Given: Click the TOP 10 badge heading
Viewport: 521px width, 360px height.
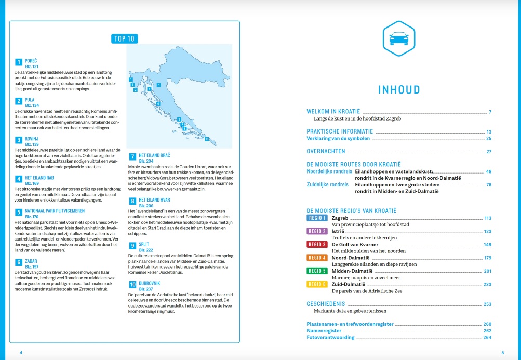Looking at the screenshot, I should (124, 38).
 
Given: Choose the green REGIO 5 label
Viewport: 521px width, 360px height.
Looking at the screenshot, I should (317, 271).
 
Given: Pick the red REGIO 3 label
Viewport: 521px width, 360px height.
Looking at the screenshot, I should (317, 244).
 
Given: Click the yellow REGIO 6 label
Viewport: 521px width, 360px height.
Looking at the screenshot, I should (317, 284).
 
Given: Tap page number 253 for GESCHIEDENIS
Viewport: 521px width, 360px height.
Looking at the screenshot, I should (487, 304).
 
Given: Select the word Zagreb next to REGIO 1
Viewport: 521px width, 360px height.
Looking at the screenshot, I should (340, 218).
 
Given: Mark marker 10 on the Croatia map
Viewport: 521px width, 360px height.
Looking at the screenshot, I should (207, 139).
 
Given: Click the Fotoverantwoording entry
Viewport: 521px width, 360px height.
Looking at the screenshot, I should (330, 337).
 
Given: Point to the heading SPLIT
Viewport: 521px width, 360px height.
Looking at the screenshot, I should (144, 244).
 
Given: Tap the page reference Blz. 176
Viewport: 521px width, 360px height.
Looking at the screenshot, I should (32, 217).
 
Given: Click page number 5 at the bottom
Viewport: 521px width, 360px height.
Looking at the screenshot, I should (502, 353).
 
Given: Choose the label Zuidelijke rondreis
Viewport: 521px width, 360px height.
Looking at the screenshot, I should (328, 185).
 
